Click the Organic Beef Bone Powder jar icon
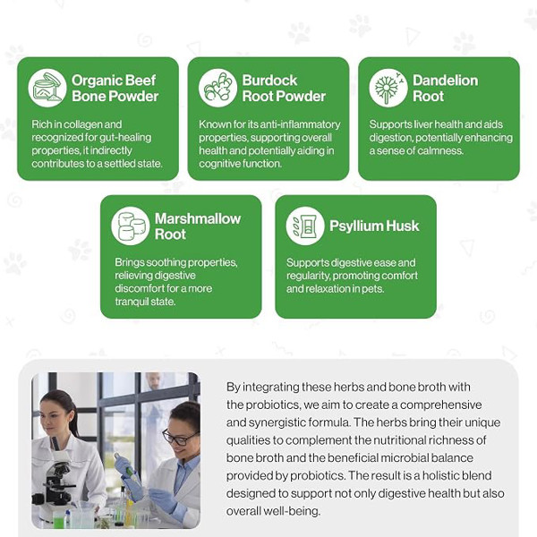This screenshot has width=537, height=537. point(47,88)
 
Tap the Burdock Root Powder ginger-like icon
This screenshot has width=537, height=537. point(217,88)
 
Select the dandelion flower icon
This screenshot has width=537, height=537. point(388,88)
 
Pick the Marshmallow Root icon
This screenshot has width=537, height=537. point(131,226)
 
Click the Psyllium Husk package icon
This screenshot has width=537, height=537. point(305,226)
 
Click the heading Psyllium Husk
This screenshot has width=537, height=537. point(374,226)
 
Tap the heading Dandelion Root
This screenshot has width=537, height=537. point(445,89)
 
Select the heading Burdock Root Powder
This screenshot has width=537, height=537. point(284,89)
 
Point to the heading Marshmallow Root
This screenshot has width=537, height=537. point(198,226)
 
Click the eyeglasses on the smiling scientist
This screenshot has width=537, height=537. point(180,438)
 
